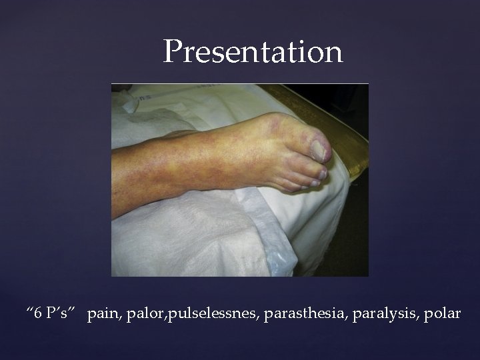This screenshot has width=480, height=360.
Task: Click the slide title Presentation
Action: (x=253, y=52)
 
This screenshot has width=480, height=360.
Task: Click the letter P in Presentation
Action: (x=174, y=51)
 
